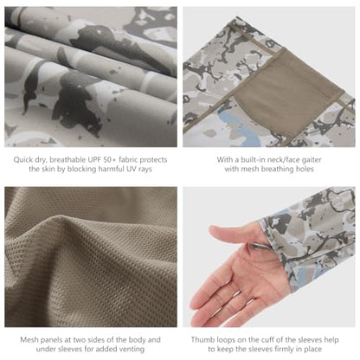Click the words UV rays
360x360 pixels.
tap(139, 169)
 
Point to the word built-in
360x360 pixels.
tap(254, 159)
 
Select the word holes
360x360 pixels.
tap(305, 169)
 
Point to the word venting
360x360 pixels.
tap(131, 349)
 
